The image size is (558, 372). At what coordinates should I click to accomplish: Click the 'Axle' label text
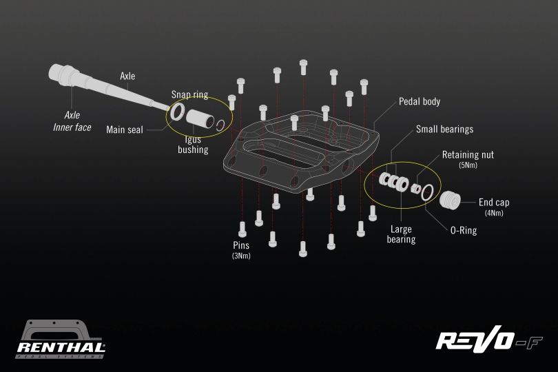pos(127,76)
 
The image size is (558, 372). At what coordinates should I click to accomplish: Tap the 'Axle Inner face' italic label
pos(72,121)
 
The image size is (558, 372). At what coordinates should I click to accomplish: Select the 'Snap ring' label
pos(189,94)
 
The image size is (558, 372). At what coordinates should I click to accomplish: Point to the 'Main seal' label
pos(125,130)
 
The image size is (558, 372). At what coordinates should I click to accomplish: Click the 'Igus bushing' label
pos(193,145)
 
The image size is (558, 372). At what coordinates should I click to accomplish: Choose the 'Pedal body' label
pos(420,101)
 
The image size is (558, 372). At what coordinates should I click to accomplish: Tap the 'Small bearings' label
pos(444,129)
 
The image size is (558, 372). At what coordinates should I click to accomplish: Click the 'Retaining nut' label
pos(468,155)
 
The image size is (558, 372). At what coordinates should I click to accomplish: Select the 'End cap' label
pos(494,203)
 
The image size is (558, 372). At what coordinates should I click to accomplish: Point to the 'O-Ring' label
pos(463,231)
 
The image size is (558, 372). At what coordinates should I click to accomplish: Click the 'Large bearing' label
pos(401,234)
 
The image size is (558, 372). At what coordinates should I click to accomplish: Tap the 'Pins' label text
pos(241,245)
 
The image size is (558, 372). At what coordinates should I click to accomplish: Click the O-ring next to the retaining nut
pos(427,192)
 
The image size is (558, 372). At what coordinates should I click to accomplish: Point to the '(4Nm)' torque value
pos(494,213)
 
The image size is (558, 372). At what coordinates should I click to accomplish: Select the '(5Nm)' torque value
pos(468,165)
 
